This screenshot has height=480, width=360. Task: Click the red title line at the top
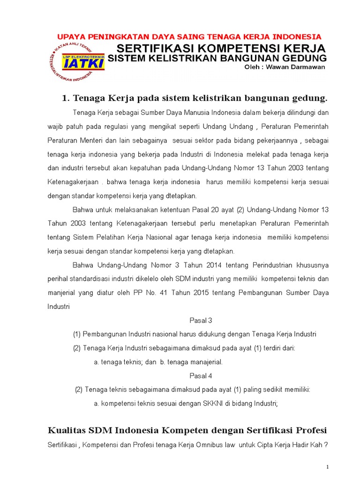pyautogui.click(x=189, y=37)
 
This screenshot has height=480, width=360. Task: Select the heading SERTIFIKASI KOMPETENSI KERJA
pyautogui.click(x=221, y=49)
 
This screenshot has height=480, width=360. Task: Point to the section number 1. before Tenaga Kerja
pyautogui.click(x=66, y=98)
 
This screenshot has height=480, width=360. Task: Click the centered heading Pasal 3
pyautogui.click(x=201, y=321)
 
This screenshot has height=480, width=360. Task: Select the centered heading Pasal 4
pyautogui.click(x=201, y=375)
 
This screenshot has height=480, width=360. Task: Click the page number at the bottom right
pyautogui.click(x=327, y=467)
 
